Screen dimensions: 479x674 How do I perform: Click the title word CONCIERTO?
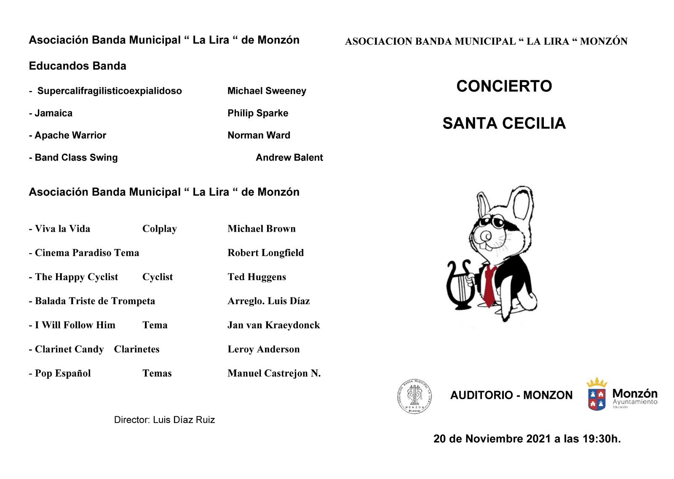pos(504,86)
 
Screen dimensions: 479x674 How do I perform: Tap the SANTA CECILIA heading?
pos(504,123)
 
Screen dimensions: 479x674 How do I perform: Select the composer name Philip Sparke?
pos(258,113)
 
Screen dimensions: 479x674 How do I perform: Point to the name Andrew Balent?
pos(289,158)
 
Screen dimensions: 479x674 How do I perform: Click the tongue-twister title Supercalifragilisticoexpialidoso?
pos(110,91)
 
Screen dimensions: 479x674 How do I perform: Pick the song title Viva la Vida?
pos(62,229)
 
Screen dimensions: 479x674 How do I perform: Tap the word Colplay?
pos(159,229)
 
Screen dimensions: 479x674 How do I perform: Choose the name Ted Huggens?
pos(257,277)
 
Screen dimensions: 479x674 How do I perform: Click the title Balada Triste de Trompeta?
pos(95,301)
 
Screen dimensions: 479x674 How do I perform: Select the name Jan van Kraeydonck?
pos(273,325)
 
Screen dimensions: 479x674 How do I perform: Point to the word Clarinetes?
pos(136,349)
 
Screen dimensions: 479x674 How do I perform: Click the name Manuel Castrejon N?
pos(274,373)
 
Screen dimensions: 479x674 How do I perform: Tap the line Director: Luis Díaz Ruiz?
pos(164,420)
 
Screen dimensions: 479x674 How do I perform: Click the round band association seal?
pos(415,396)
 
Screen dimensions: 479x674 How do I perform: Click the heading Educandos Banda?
pos(78,66)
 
